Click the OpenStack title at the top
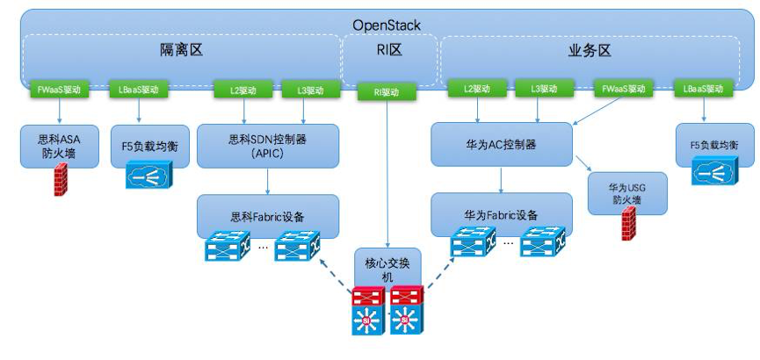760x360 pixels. [x=387, y=25]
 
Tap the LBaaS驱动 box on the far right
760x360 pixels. [x=703, y=90]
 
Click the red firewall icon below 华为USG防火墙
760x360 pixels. [x=627, y=226]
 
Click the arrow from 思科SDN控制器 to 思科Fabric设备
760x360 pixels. [x=268, y=181]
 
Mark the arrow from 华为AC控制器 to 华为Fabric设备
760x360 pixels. [x=502, y=181]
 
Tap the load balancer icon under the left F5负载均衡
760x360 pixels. [x=148, y=174]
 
